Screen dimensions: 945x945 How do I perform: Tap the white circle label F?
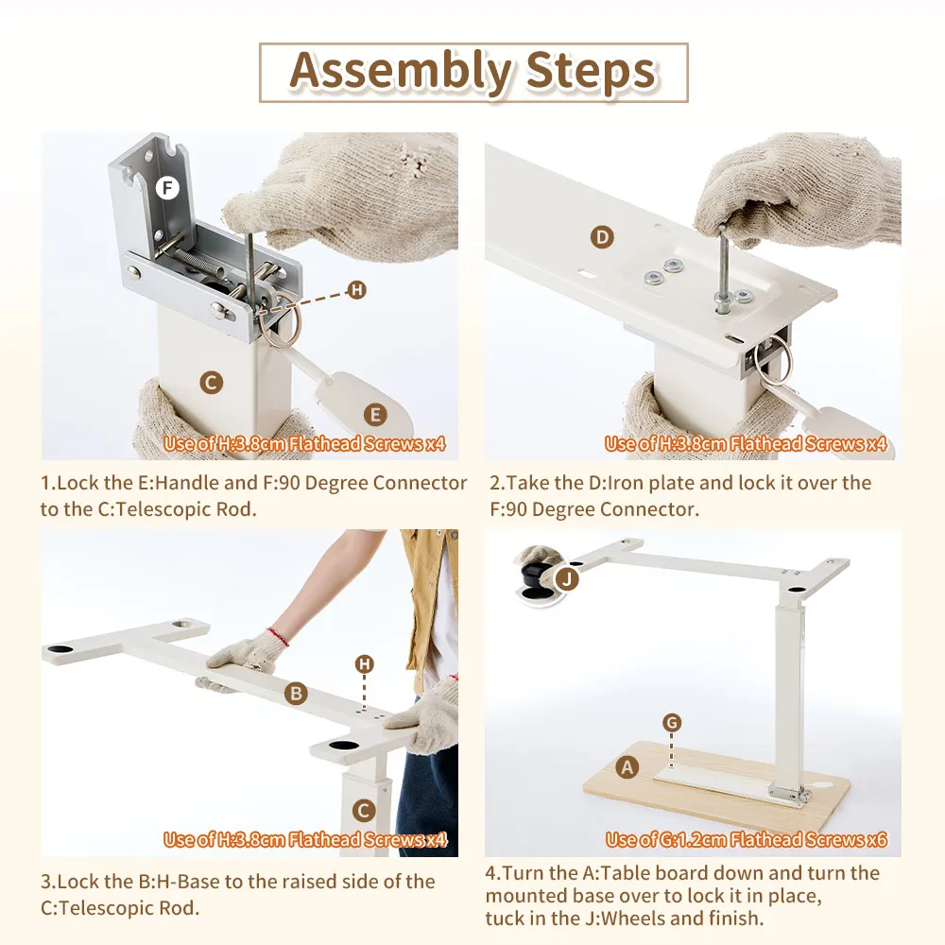tap(167, 188)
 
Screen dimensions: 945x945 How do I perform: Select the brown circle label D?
tap(602, 237)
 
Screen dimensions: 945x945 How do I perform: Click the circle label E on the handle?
tap(375, 415)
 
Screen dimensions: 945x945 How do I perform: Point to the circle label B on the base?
tap(296, 694)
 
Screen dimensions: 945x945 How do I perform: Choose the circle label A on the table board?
tap(627, 767)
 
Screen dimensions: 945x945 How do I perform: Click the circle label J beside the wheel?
tap(566, 579)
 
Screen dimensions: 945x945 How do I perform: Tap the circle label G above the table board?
tap(672, 722)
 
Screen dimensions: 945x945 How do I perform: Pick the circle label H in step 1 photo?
tap(357, 290)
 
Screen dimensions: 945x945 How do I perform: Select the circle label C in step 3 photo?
tap(364, 811)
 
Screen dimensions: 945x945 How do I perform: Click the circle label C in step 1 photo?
tap(211, 383)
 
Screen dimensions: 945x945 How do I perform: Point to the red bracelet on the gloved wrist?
tap(279, 636)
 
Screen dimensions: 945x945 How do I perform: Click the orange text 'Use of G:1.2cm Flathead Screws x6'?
tap(747, 839)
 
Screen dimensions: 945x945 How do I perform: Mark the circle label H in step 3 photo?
tap(364, 664)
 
